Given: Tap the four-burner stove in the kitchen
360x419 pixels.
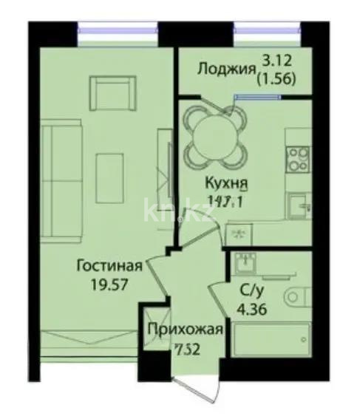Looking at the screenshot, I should point(298,157).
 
